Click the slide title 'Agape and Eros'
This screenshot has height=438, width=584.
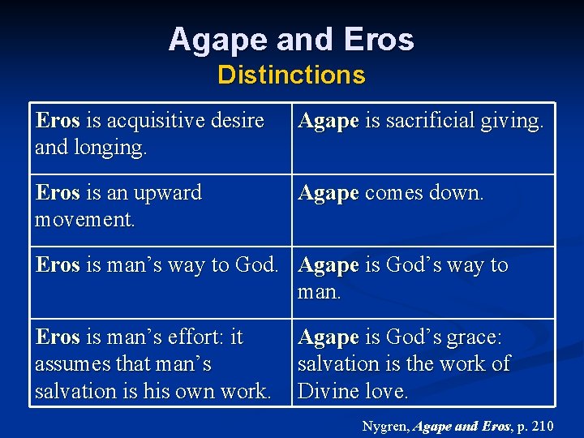pos(291,39)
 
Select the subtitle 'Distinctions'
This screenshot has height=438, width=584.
pos(291,75)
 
